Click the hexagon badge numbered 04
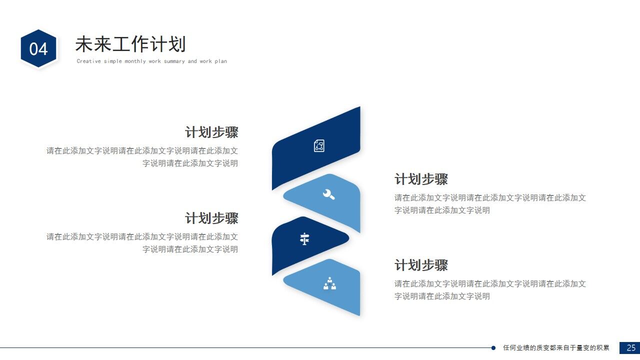pyautogui.click(x=38, y=48)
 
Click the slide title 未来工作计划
pyautogui.click(x=130, y=44)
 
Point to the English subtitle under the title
pyautogui.click(x=151, y=61)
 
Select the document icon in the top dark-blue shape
pyautogui.click(x=319, y=145)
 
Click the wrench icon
pyautogui.click(x=328, y=194)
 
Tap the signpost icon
pyautogui.click(x=304, y=239)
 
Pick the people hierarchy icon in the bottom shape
pyautogui.click(x=329, y=283)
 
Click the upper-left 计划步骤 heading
pyautogui.click(x=211, y=132)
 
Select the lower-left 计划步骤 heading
pyautogui.click(x=211, y=218)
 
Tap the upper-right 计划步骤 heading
pyautogui.click(x=421, y=179)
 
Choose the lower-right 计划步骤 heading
pyautogui.click(x=421, y=265)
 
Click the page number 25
pyautogui.click(x=631, y=347)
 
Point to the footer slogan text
pyautogui.click(x=556, y=347)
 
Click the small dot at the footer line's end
pyautogui.click(x=493, y=347)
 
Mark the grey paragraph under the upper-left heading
pyautogui.click(x=142, y=157)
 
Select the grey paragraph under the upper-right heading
pyautogui.click(x=490, y=204)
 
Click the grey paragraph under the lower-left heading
pyautogui.click(x=142, y=243)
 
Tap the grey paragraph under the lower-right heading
pyautogui.click(x=490, y=290)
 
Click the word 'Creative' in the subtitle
pyautogui.click(x=89, y=61)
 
